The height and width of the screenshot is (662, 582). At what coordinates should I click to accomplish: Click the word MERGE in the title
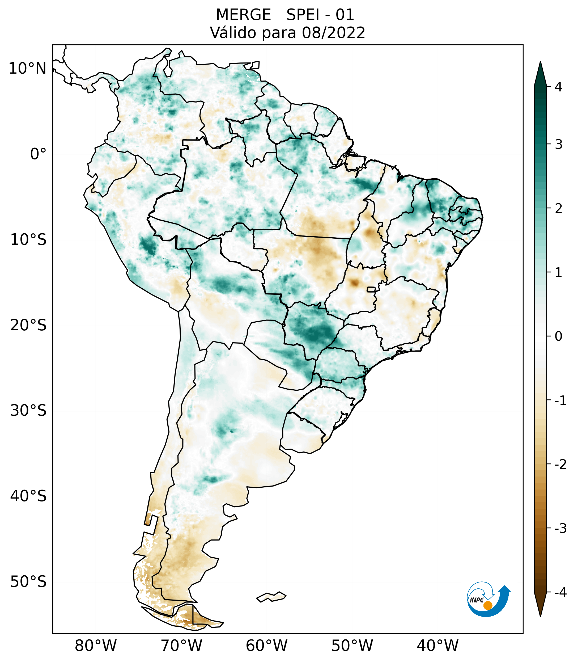[x=243, y=15]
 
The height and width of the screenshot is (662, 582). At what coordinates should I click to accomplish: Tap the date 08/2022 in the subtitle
[x=333, y=33]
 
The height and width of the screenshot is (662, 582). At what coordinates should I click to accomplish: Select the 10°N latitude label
[x=27, y=69]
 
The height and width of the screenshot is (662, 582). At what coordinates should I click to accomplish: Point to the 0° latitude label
[x=38, y=154]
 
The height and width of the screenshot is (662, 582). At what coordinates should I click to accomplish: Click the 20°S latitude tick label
[x=28, y=325]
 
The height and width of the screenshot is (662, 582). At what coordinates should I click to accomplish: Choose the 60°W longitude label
[x=266, y=646]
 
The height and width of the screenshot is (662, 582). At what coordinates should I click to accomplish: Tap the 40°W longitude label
[x=438, y=646]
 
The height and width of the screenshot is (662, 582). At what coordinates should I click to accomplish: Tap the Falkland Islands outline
[x=271, y=597]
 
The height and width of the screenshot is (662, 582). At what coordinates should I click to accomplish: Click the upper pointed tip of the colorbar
[x=540, y=63]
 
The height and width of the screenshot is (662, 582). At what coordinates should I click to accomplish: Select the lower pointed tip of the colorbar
[x=540, y=615]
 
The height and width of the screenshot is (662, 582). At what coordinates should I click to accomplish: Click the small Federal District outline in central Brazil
[x=371, y=289]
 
